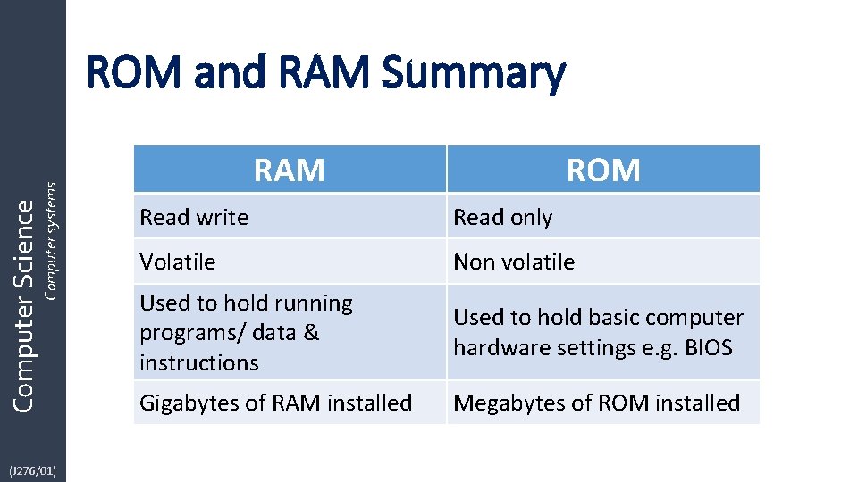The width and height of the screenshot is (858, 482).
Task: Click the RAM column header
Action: click(x=289, y=170)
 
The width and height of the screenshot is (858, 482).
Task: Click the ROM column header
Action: click(x=603, y=170)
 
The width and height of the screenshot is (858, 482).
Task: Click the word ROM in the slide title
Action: click(x=133, y=72)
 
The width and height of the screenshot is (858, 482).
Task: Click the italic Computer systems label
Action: click(x=51, y=241)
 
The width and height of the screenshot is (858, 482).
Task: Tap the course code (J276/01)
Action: click(x=32, y=468)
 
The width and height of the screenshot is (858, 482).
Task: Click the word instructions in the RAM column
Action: click(x=199, y=362)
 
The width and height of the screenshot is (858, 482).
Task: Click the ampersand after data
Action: click(x=311, y=333)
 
